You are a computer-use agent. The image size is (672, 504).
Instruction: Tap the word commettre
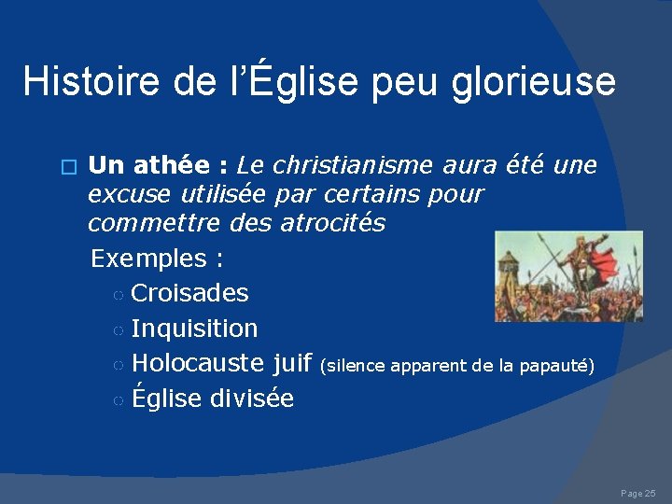click(x=146, y=224)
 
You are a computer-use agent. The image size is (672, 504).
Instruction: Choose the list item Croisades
click(x=189, y=293)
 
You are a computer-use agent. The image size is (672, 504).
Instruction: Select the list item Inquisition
click(x=194, y=329)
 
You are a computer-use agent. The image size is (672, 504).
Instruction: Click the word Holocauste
click(x=198, y=364)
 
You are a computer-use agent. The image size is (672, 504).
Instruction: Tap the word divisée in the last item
click(x=252, y=399)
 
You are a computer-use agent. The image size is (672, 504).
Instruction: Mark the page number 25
click(x=650, y=493)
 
